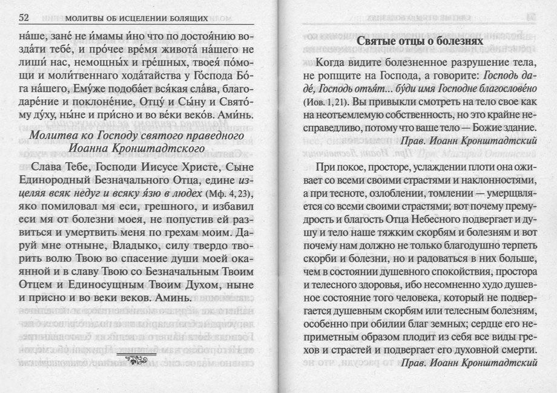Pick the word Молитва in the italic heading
60,134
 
